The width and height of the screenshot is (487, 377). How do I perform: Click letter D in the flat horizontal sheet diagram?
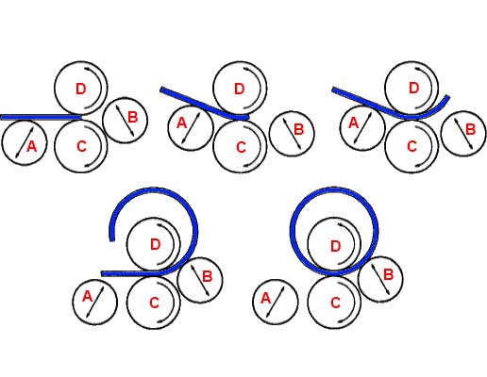click(x=81, y=90)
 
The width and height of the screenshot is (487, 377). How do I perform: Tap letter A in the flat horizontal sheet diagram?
click(x=31, y=146)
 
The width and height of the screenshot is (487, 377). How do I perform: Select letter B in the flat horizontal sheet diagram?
click(x=133, y=118)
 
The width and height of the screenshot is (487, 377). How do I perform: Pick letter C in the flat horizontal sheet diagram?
click(x=81, y=146)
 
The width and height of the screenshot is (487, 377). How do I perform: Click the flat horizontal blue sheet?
click(x=41, y=117)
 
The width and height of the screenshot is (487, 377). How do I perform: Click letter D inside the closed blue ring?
click(x=336, y=247)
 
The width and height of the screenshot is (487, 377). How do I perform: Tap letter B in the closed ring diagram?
click(x=389, y=274)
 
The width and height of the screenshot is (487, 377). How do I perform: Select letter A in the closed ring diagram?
click(x=265, y=298)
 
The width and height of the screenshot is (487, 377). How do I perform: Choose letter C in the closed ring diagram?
click(x=336, y=303)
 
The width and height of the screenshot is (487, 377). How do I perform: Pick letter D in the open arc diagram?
click(x=156, y=244)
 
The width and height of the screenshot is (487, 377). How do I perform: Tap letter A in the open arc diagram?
click(x=87, y=296)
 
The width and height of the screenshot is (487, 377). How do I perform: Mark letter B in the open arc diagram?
click(x=208, y=277)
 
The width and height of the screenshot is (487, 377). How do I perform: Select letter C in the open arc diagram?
click(x=154, y=303)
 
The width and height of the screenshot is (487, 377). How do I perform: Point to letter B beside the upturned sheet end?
click(x=470, y=129)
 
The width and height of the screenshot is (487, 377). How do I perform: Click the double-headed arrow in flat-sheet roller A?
click(x=25, y=143)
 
